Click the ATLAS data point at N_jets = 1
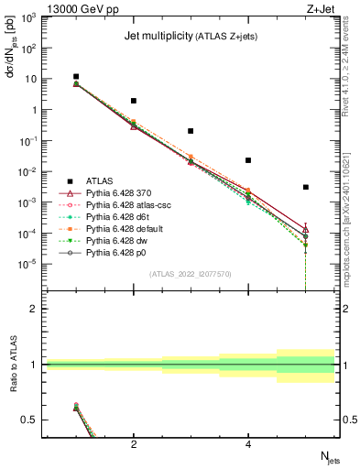coord(76,77)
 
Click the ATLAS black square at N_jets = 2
coord(134,101)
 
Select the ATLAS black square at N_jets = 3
coord(191,131)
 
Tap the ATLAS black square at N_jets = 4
coord(248,160)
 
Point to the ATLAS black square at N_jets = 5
coord(306,187)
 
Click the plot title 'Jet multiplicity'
coord(158,36)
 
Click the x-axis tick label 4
coord(248,445)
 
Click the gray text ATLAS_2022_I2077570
coord(191,272)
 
